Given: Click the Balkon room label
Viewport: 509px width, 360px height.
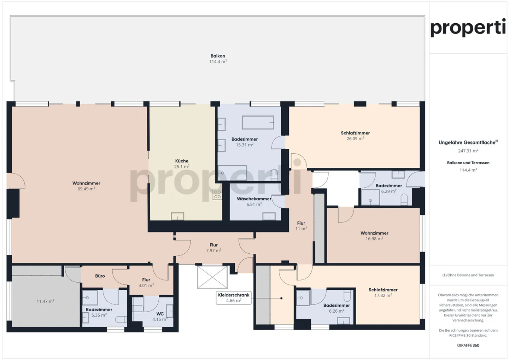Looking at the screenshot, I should [218, 56].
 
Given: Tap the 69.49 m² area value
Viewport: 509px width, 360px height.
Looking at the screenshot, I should [86, 189].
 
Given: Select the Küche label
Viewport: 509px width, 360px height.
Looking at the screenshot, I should [182, 161].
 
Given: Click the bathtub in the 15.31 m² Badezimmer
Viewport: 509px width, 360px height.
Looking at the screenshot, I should [258, 123].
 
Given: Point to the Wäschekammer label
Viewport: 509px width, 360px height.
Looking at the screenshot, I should [254, 199].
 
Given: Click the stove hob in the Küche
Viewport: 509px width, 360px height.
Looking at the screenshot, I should [217, 194].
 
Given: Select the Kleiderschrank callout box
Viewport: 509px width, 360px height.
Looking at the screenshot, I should [234, 297].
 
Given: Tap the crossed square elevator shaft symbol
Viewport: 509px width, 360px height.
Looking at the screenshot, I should [212, 277].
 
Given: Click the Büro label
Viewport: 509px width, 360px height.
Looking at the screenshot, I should [100, 276].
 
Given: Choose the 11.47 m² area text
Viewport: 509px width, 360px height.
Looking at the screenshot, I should [46, 301].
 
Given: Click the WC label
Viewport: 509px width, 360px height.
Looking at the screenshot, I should [160, 314].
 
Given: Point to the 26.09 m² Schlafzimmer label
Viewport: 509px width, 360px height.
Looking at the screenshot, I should [355, 133].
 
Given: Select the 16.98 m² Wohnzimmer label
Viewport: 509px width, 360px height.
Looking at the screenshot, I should [374, 233].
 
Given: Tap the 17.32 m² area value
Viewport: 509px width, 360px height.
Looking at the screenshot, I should [383, 296].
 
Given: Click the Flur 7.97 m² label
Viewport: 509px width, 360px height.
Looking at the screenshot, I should [213, 245].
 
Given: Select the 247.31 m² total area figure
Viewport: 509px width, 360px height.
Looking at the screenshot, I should [468, 151].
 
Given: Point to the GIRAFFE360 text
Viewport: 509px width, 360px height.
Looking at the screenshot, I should [468, 345].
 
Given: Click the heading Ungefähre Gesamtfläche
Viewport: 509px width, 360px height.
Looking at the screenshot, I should [467, 143].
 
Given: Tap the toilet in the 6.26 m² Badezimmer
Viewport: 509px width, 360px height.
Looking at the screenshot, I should [347, 295].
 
